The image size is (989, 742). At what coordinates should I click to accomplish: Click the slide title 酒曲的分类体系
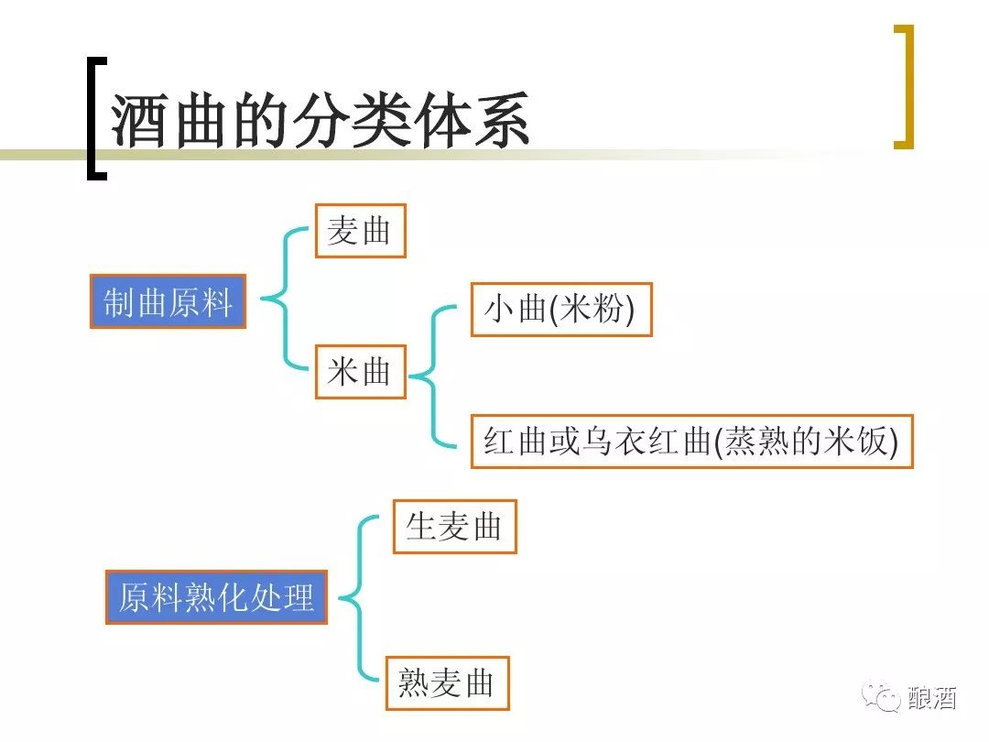[321, 120]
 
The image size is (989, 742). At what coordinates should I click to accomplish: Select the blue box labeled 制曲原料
[168, 301]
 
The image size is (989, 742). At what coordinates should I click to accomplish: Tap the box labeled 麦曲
[360, 231]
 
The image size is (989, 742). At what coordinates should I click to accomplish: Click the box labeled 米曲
[360, 371]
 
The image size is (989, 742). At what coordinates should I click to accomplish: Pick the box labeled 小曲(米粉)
[560, 310]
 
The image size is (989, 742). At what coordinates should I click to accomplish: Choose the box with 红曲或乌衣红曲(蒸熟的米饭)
[691, 442]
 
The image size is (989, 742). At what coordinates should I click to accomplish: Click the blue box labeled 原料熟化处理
[216, 597]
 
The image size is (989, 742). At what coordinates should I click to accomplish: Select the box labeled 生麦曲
[454, 527]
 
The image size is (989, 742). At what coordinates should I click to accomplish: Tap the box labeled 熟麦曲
[447, 682]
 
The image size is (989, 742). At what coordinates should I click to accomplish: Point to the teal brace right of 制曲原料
[284, 298]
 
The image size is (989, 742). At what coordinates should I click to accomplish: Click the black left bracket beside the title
[94, 119]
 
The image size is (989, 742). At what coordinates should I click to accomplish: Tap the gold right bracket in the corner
[905, 87]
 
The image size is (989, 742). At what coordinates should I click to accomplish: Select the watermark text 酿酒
[932, 698]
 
